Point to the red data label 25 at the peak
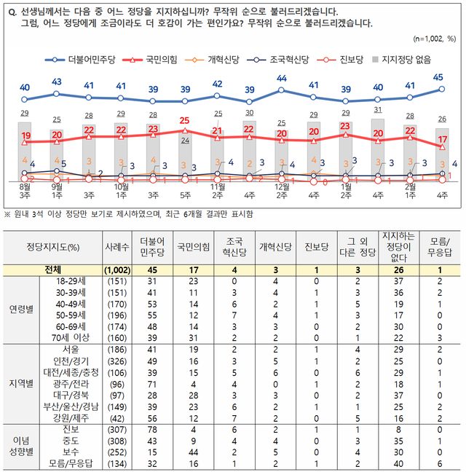coord(185,120)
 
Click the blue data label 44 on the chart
coord(282,79)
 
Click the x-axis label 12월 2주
coord(282,191)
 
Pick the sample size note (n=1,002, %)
coord(434,38)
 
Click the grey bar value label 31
coord(378,111)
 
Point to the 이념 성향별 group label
coord(25,447)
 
